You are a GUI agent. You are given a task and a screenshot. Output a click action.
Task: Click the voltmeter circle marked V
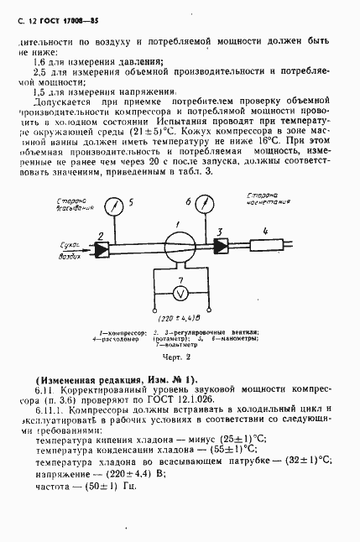point(177,293)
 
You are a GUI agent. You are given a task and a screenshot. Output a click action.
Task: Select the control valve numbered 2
point(101,249)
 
